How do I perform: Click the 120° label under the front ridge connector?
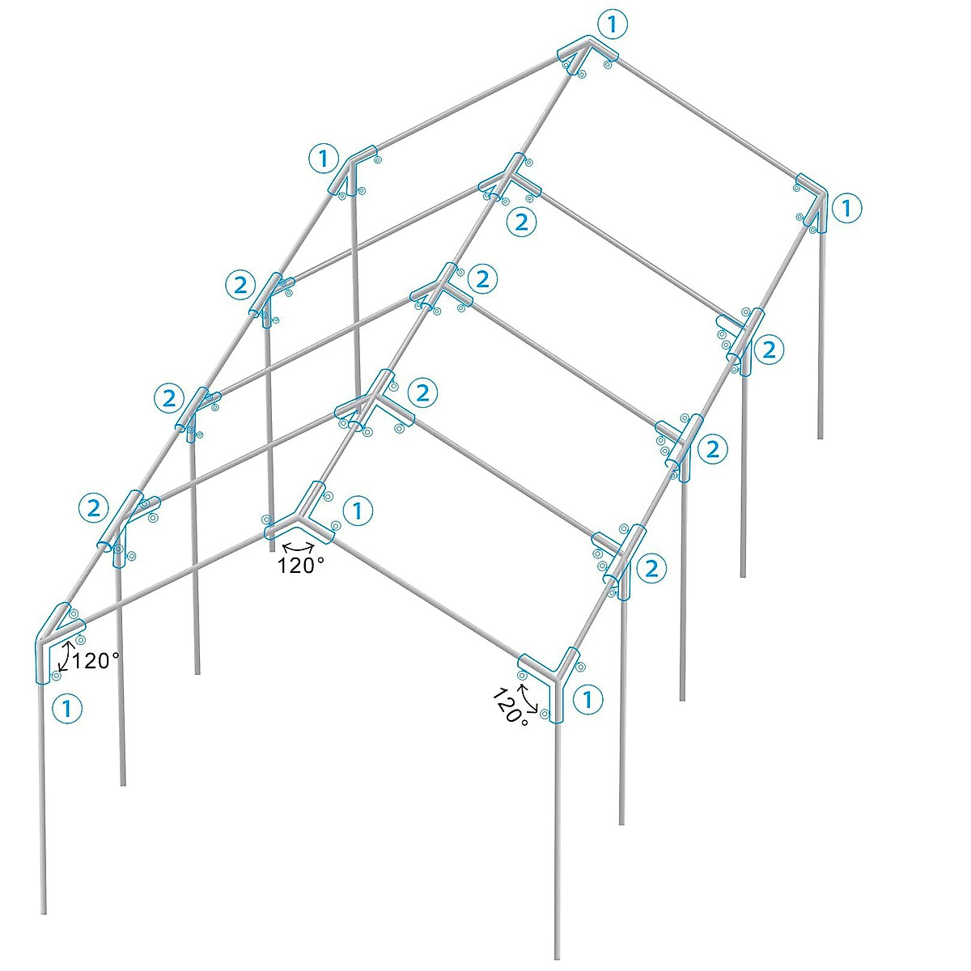[301, 566]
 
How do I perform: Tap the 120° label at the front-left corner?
[95, 661]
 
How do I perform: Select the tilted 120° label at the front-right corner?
[507, 706]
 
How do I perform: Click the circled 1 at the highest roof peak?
[613, 25]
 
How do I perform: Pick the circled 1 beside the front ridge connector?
[358, 511]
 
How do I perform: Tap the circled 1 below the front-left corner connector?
[67, 709]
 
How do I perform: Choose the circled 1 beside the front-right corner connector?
[587, 700]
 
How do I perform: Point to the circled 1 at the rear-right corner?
[846, 209]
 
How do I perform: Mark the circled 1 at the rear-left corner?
[324, 158]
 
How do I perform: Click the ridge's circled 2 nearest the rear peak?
[521, 222]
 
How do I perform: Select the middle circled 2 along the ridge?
[482, 280]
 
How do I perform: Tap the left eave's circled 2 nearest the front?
[94, 508]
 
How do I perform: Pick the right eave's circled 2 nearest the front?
[651, 568]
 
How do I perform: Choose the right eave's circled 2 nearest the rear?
[769, 350]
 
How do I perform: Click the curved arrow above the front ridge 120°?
[298, 548]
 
